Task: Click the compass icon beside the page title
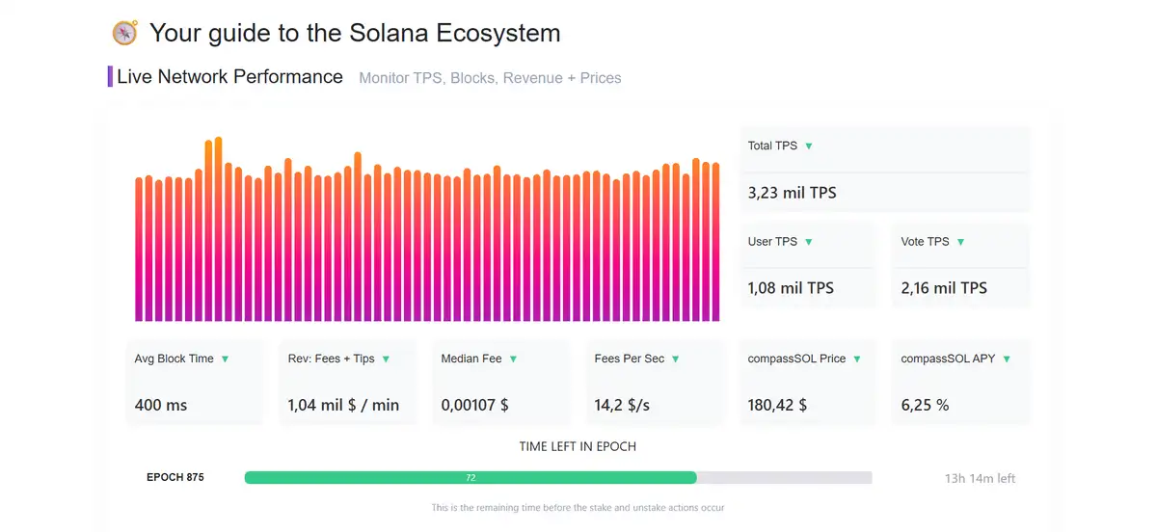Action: [125, 33]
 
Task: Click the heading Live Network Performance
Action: [229, 77]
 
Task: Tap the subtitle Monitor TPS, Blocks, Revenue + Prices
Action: [490, 78]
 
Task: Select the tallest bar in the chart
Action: [219, 229]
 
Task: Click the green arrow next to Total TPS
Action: [809, 146]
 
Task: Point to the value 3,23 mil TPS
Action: [792, 193]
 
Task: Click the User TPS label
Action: [772, 242]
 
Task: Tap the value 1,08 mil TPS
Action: [791, 288]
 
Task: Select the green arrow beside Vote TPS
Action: [960, 242]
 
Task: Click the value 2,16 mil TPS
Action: [944, 288]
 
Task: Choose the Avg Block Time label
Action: [174, 359]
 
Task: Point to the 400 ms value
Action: [161, 405]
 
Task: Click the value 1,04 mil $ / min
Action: [343, 405]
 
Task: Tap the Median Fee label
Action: [471, 359]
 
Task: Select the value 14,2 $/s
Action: [622, 405]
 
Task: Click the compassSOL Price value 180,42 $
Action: [777, 405]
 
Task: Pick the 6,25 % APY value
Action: [925, 405]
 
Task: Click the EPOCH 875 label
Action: [175, 477]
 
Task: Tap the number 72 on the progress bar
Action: [471, 478]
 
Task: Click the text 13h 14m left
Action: [980, 478]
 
